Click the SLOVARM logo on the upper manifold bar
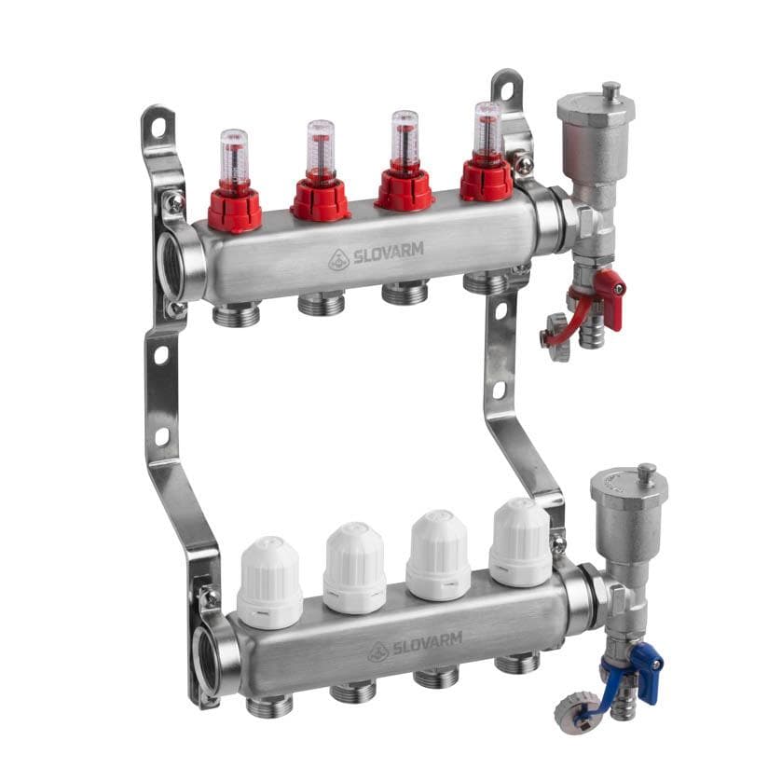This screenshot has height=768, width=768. pos(376,255)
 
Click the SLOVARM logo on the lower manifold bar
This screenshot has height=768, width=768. pos(415,646)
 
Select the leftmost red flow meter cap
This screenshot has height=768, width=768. pos(235,206)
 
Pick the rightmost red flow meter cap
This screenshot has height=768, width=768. pos(487,179)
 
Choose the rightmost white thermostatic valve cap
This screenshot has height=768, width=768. pos(521,542)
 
